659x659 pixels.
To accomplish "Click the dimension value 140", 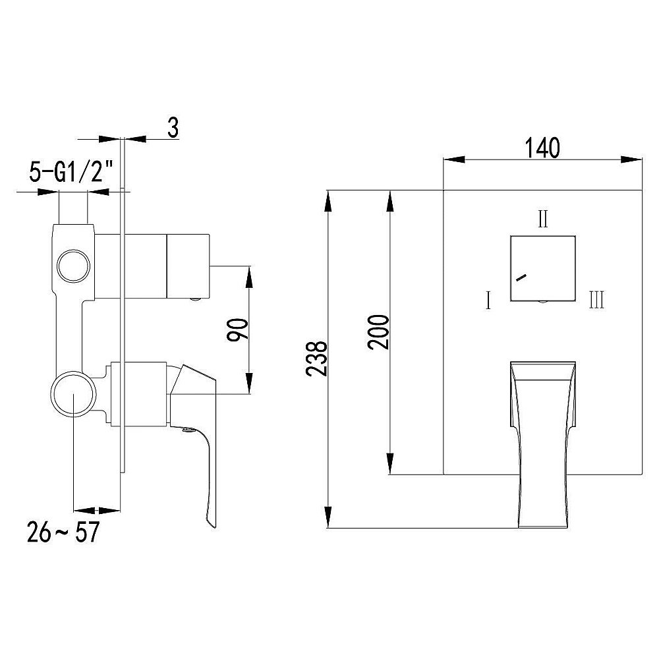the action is [542, 148].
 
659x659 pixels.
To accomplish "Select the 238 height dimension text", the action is [316, 358].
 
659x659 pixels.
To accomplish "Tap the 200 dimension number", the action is [379, 331].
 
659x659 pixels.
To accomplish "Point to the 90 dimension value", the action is [238, 330].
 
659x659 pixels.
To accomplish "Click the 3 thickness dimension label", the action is [173, 128].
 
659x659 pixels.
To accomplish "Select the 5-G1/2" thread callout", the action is [72, 171].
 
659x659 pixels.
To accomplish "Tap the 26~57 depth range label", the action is [63, 532].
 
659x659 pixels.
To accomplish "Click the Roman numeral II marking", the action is [543, 219].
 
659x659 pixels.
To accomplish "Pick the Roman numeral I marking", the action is [488, 301].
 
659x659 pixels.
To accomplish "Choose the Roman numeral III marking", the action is [597, 301].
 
